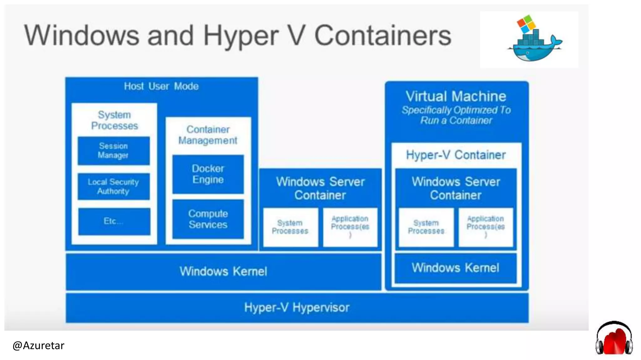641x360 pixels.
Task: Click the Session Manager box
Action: click(x=114, y=151)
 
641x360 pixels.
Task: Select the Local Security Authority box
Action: click(x=114, y=187)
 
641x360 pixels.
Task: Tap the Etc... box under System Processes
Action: click(x=114, y=221)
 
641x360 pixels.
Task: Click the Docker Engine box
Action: click(x=208, y=174)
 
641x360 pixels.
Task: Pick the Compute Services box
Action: click(x=208, y=219)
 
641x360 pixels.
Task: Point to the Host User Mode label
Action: click(x=161, y=86)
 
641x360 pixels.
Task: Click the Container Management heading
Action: click(x=208, y=135)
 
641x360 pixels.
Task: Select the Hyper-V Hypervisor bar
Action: click(x=297, y=307)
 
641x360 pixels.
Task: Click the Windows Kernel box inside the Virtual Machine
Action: click(x=455, y=268)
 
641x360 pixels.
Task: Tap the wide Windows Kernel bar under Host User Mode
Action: click(x=223, y=271)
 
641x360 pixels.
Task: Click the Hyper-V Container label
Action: click(x=456, y=155)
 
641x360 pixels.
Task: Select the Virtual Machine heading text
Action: click(x=456, y=96)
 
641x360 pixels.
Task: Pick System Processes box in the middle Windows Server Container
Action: click(x=290, y=227)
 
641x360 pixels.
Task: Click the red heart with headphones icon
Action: click(x=614, y=339)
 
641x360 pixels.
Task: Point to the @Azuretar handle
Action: click(x=38, y=346)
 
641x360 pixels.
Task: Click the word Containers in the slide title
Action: click(x=382, y=36)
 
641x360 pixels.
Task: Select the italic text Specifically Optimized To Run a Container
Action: click(x=456, y=115)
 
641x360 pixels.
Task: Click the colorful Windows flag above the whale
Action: click(x=526, y=23)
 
